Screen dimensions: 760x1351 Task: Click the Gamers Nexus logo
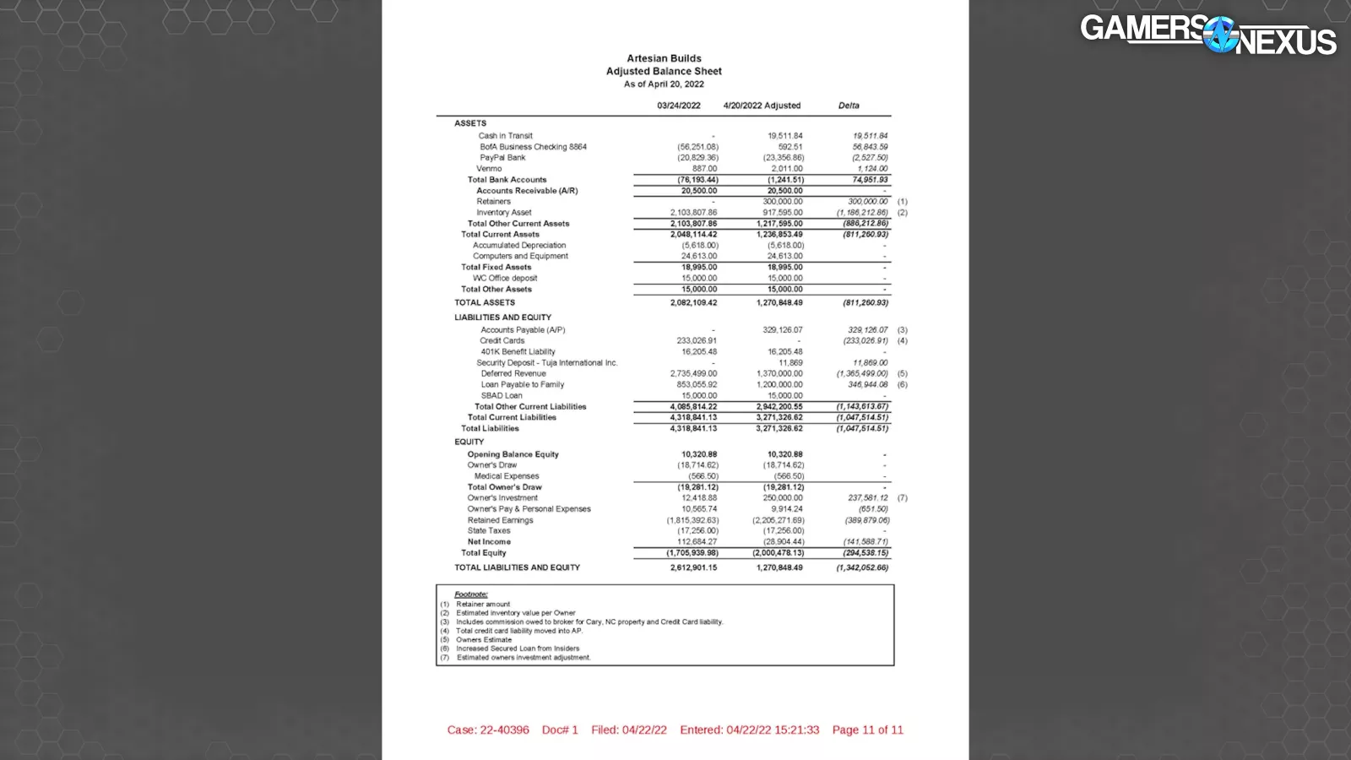1207,35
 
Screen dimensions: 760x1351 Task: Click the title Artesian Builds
664,58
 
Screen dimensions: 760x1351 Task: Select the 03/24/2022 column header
678,106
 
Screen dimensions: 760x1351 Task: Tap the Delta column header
849,106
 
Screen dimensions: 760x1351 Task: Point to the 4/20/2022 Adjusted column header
762,106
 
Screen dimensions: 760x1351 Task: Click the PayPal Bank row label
502,158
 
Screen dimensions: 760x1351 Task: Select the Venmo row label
489,169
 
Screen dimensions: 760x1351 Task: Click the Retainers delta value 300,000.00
867,202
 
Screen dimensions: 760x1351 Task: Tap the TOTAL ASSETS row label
485,302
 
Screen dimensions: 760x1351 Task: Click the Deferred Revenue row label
513,373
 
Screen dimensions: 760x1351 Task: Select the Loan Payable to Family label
522,384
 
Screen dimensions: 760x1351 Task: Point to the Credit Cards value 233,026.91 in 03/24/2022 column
697,341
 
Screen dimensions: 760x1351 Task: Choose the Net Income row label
489,542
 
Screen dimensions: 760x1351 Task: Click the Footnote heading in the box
471,594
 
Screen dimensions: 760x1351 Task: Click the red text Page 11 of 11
867,730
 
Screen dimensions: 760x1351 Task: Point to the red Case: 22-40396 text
488,730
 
